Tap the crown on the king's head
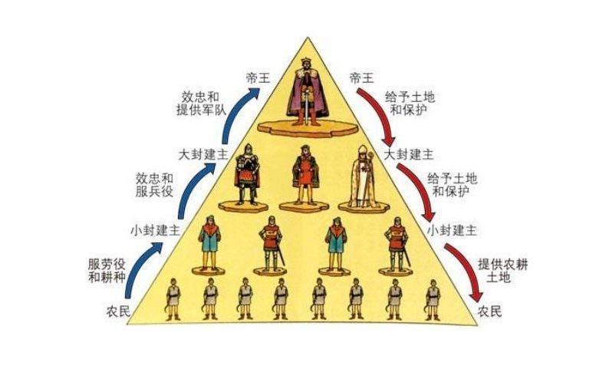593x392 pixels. [x=305, y=61]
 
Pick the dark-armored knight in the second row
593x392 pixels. [x=247, y=174]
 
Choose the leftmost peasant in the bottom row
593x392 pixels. [x=173, y=299]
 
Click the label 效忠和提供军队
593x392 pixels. [x=201, y=104]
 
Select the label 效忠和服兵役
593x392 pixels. [x=155, y=185]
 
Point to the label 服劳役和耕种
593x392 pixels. [x=107, y=270]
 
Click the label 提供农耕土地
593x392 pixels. [x=502, y=271]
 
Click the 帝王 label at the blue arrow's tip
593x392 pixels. [x=258, y=78]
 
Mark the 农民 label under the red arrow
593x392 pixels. [x=489, y=311]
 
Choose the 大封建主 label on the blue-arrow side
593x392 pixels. [x=203, y=155]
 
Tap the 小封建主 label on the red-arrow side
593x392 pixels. [x=452, y=230]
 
